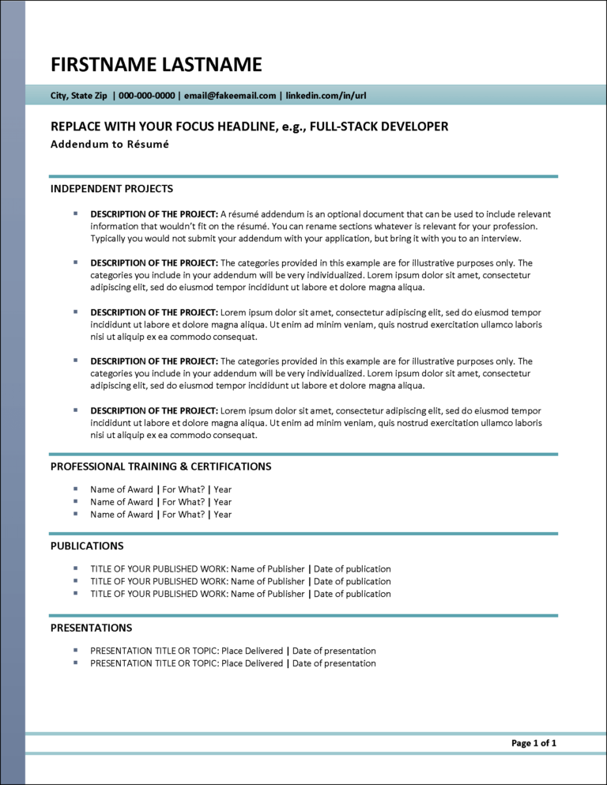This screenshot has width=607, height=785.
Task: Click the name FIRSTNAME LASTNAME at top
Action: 156,64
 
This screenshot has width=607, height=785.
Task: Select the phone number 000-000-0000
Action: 147,96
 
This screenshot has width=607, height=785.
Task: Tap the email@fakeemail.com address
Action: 230,96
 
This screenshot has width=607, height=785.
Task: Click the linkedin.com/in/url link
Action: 326,96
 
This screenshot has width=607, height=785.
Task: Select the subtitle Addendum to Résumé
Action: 110,144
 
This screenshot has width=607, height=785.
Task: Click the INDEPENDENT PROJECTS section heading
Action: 111,189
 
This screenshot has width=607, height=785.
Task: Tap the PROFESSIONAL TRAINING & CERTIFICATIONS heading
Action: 160,466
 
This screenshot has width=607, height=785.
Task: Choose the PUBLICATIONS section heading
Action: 87,545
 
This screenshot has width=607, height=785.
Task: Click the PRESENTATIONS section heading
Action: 91,628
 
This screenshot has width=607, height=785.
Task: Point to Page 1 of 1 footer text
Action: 533,743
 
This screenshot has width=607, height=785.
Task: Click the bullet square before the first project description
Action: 76,213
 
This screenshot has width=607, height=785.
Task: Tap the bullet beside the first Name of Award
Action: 76,489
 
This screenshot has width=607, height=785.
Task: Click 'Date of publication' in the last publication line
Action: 352,594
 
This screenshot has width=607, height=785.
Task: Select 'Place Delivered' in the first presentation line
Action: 252,651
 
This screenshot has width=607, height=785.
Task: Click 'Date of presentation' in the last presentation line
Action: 334,663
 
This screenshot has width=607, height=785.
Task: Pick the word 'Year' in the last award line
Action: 223,515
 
